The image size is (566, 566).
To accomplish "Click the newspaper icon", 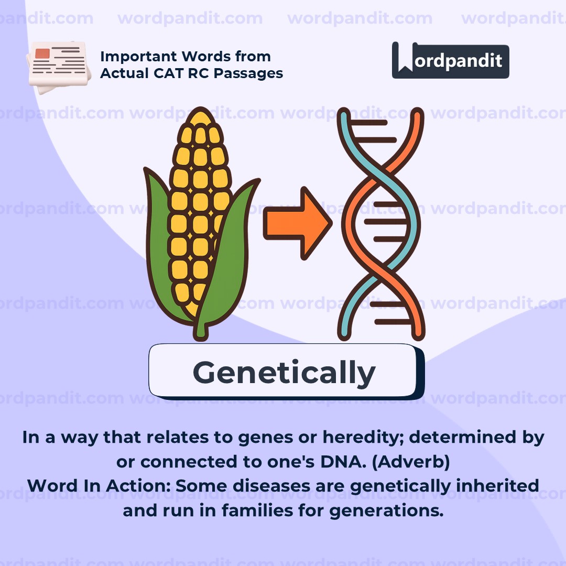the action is (59, 67).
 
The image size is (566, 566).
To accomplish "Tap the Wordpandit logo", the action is (451, 60).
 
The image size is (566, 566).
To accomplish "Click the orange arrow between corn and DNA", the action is (298, 223).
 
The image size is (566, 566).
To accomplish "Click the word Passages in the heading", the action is (248, 74).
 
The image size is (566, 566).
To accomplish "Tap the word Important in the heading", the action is (138, 57).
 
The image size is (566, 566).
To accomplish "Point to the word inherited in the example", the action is (498, 486).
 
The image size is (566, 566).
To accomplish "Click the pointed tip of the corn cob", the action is (200, 108).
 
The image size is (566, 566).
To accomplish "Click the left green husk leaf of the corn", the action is (161, 245).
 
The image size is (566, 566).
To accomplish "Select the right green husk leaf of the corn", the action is (227, 253).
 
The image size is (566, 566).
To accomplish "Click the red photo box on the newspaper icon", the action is (42, 53).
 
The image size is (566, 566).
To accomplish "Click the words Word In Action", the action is (99, 486).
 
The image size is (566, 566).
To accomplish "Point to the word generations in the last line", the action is (386, 511).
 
